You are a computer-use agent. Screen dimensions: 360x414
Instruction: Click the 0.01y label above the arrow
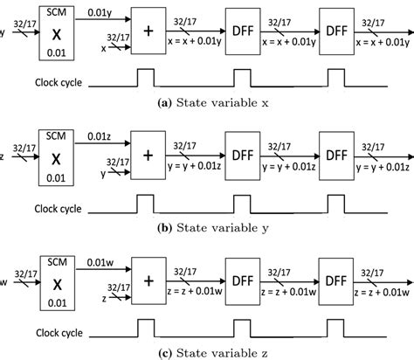(99, 12)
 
